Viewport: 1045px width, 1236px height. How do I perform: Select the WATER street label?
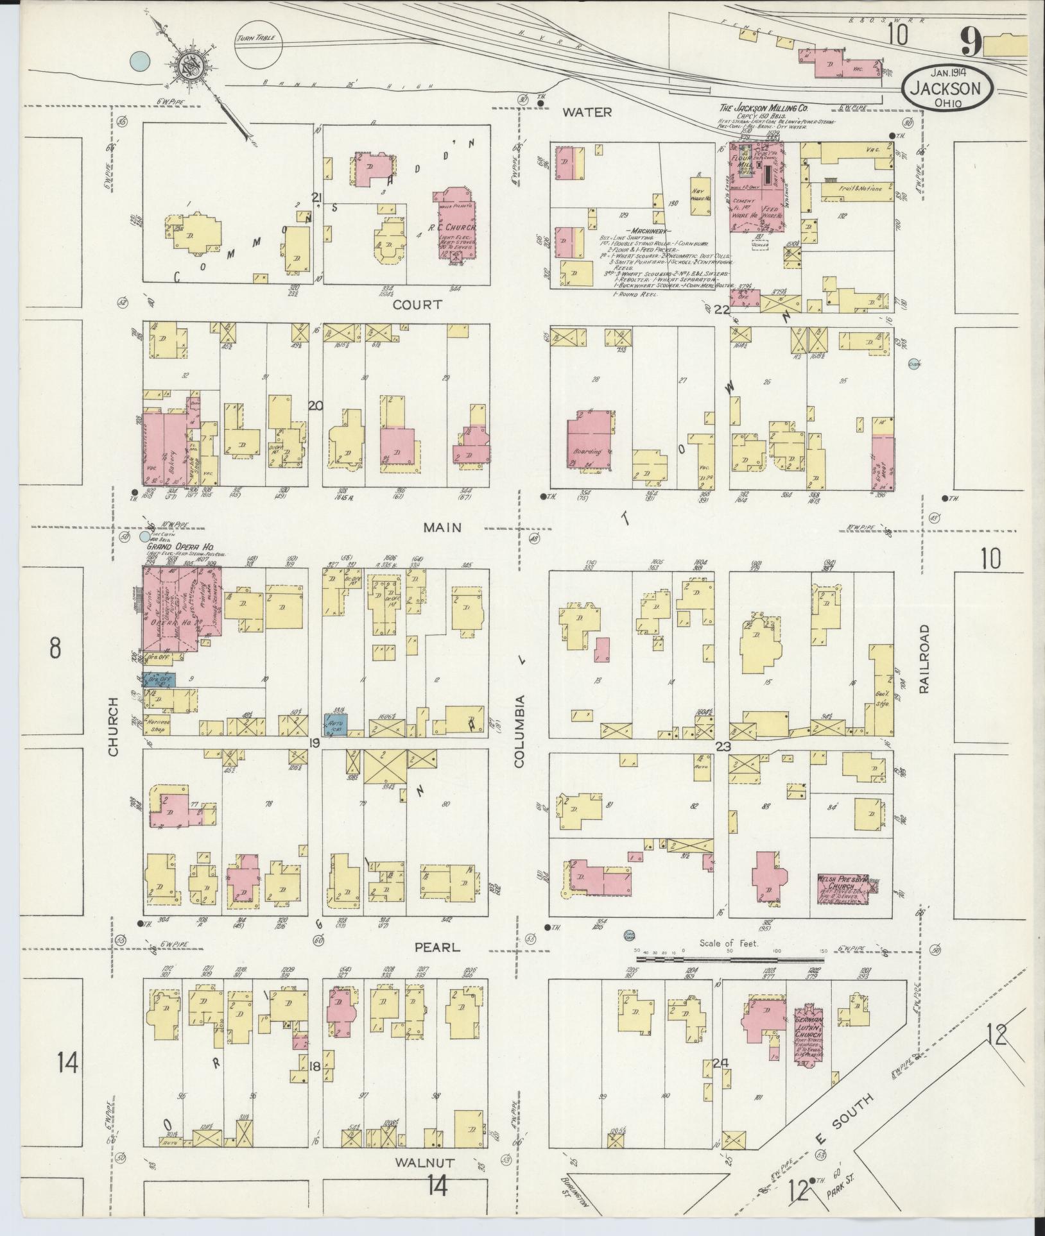tap(587, 112)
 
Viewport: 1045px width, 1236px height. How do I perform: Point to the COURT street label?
tap(417, 305)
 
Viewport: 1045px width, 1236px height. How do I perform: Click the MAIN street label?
tap(442, 527)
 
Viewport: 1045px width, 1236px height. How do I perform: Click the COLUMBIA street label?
tap(520, 731)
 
